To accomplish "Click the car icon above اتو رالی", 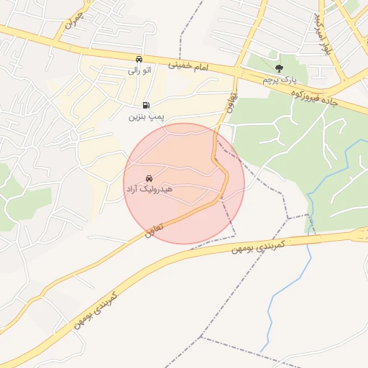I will [x=139, y=60].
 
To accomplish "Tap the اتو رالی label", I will [x=139, y=70].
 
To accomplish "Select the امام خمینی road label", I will [x=188, y=65].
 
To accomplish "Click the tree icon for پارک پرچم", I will [x=279, y=68].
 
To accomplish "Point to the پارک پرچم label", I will [x=279, y=79].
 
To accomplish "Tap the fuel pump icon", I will [x=147, y=105].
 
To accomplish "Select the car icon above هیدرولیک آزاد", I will [x=149, y=178].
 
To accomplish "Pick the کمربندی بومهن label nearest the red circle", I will [x=259, y=247].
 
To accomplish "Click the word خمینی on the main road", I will [x=178, y=64].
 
